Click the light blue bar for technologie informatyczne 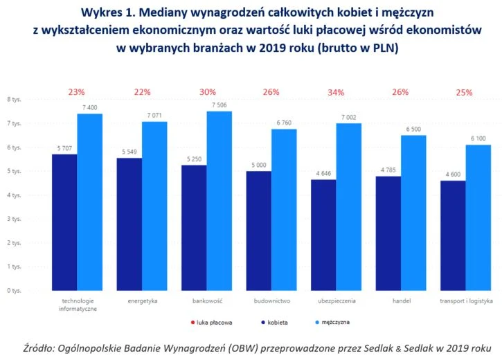point(89,201)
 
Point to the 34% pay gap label point(337,92)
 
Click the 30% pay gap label point(207,92)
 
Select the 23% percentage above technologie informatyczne point(77,92)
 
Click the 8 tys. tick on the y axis point(14,100)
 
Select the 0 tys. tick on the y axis point(14,291)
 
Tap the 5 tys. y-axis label point(14,171)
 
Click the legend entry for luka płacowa point(213,323)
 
